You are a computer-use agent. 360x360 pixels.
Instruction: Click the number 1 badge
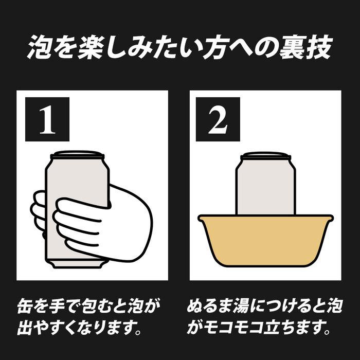[x=47, y=119]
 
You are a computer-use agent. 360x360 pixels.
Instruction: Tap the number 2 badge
[x=218, y=119]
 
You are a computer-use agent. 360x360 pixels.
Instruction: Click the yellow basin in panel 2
[x=266, y=241]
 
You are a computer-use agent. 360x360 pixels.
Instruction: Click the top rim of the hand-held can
[x=78, y=154]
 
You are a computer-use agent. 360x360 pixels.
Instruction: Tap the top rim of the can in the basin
[x=266, y=155]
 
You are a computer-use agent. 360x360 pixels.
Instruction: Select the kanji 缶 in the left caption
[x=25, y=306]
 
